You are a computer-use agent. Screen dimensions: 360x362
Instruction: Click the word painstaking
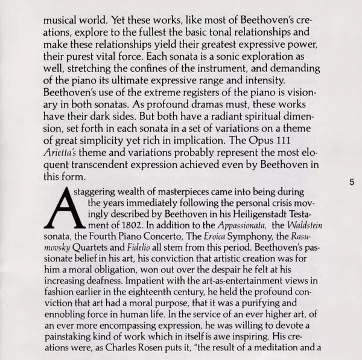click(x=72, y=335)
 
